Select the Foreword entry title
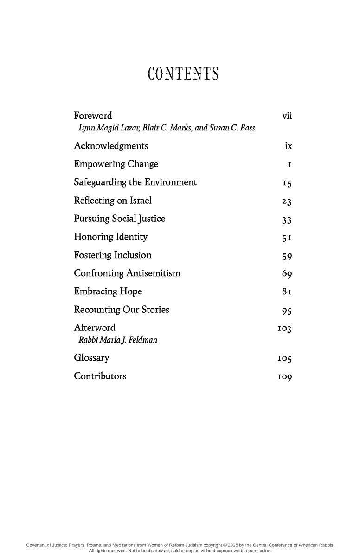point(93,116)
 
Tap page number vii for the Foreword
point(287,116)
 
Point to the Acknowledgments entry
point(111,146)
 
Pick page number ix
point(288,146)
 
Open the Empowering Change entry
point(116,164)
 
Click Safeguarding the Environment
point(135,182)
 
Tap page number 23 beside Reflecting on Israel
point(286,201)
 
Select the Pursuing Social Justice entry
point(119,219)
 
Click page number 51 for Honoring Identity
point(286,238)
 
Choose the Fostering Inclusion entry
point(113,255)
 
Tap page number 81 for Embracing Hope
point(286,292)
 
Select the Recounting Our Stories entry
point(122,310)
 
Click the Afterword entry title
point(95,328)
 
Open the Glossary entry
point(91,358)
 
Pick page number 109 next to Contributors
point(284,377)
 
